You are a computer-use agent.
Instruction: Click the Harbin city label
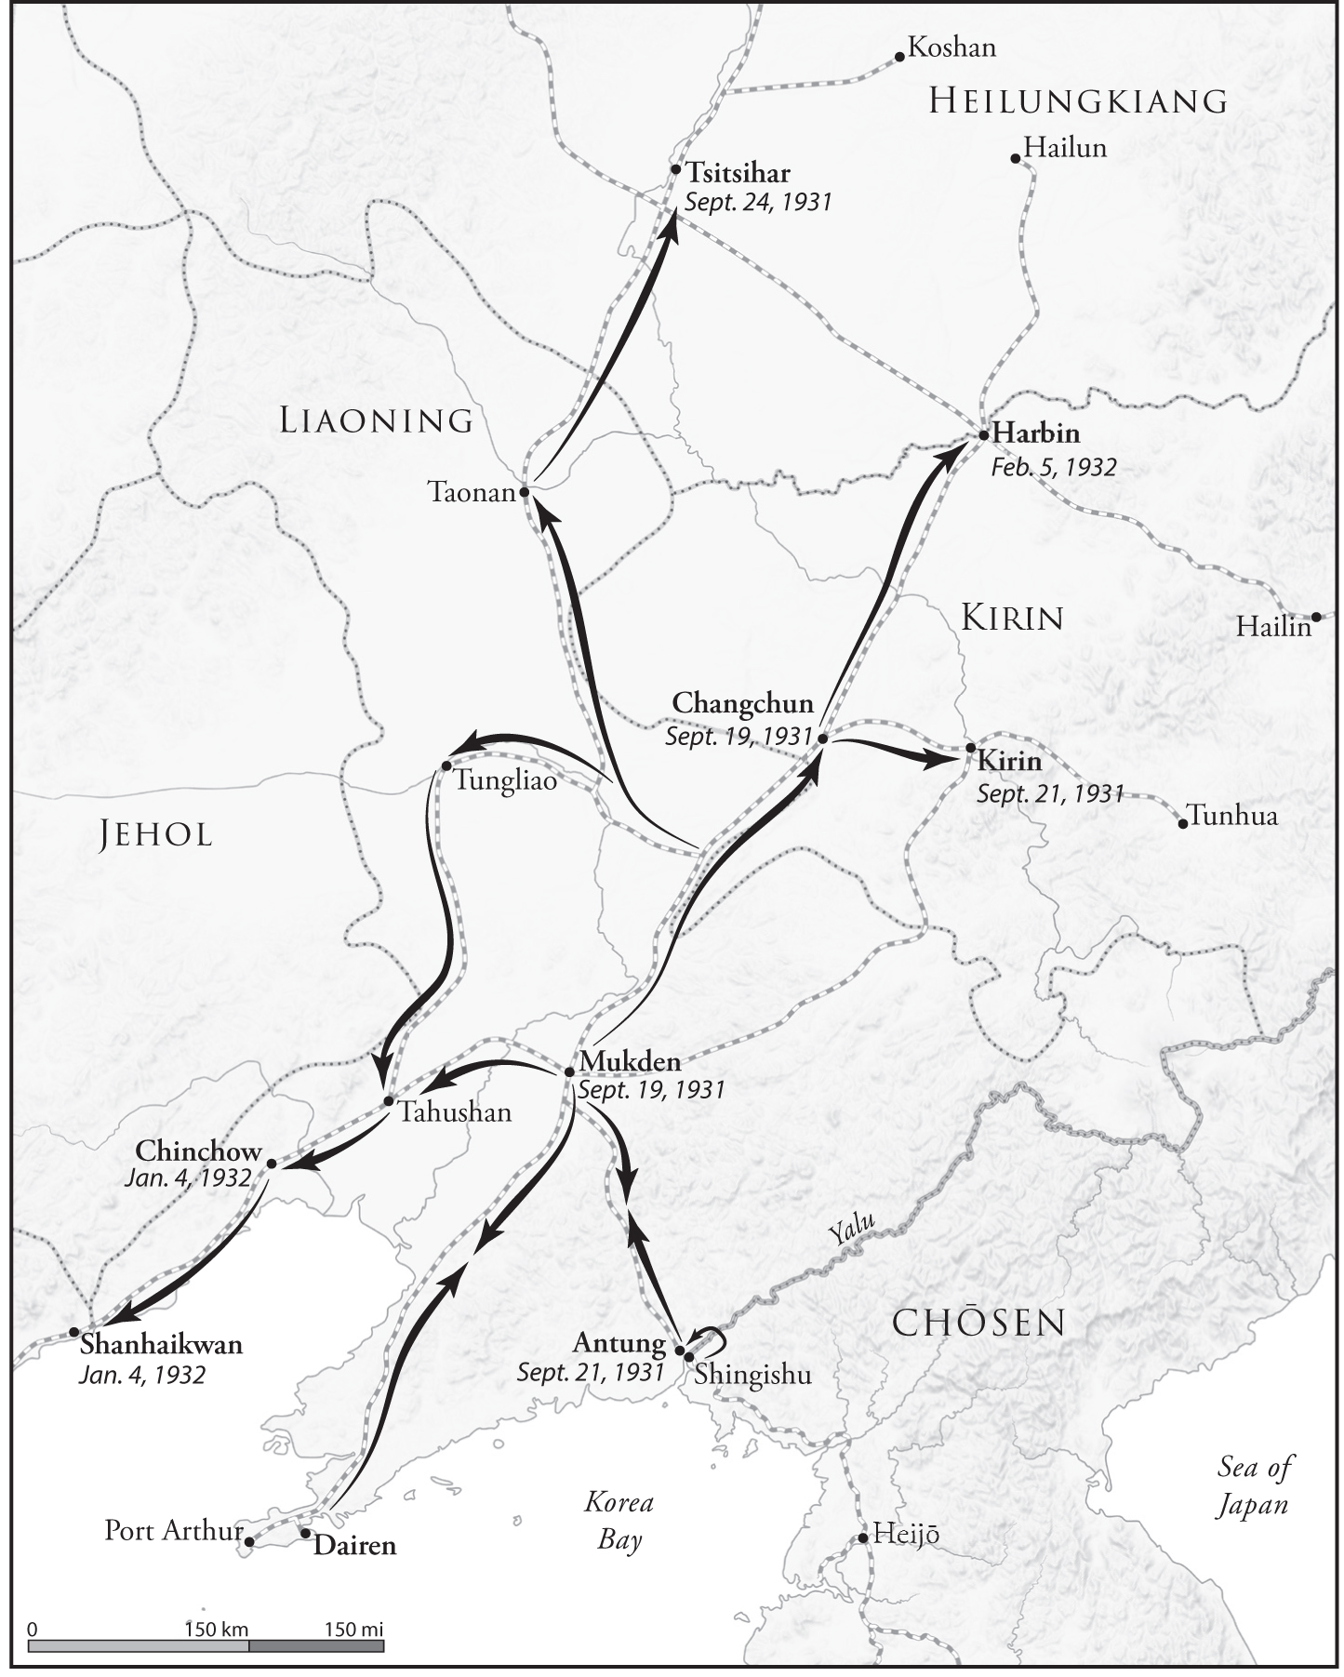click(x=1035, y=433)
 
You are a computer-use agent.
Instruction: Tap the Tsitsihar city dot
click(x=676, y=169)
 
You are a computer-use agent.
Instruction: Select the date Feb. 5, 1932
click(x=1053, y=467)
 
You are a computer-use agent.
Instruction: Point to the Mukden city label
click(x=630, y=1060)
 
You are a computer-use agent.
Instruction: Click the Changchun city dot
click(x=822, y=738)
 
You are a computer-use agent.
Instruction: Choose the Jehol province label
click(x=156, y=834)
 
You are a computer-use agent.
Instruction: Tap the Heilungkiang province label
click(x=1078, y=100)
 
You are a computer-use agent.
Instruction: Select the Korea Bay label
click(x=619, y=1521)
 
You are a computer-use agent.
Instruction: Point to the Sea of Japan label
click(x=1254, y=1486)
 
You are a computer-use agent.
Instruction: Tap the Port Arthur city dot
click(x=248, y=1541)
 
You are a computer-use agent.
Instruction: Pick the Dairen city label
click(x=354, y=1545)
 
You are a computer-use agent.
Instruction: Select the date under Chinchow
click(x=188, y=1178)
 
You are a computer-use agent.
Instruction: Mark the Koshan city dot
click(x=899, y=57)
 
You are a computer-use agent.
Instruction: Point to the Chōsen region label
click(x=978, y=1323)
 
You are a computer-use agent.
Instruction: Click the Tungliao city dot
click(x=446, y=765)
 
